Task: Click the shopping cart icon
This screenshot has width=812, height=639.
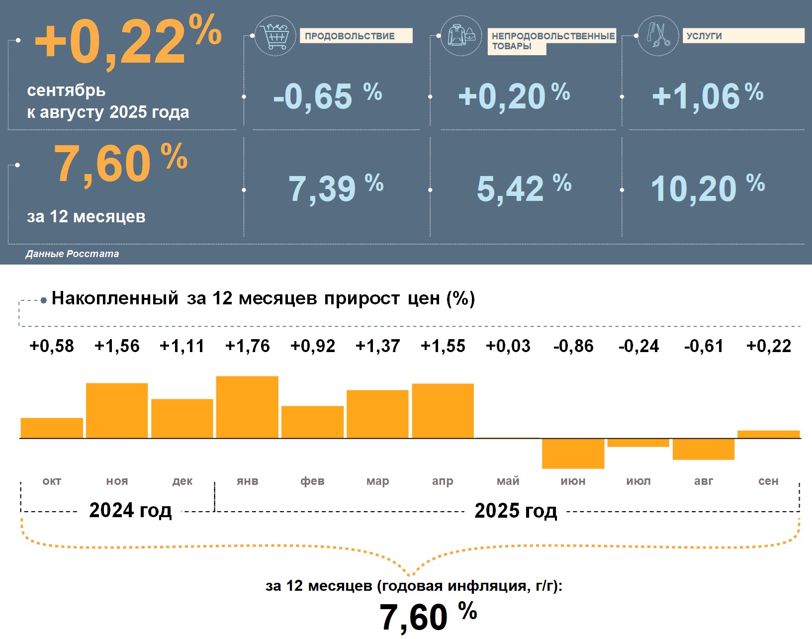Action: click(275, 36)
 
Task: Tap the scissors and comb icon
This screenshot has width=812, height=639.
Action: click(658, 35)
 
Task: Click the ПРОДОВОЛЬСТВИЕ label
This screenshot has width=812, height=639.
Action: click(356, 36)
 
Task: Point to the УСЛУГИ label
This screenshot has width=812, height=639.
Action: click(743, 36)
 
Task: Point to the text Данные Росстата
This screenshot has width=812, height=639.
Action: click(72, 254)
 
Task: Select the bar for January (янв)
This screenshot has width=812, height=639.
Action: click(247, 407)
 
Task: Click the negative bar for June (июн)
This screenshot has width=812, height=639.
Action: click(573, 454)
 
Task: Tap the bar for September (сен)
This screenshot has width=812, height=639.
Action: click(768, 434)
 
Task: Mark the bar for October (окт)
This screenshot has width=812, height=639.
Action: click(52, 428)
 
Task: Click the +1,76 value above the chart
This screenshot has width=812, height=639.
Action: click(247, 346)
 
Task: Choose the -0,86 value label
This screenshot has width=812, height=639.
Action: click(573, 346)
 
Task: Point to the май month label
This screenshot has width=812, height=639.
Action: click(508, 481)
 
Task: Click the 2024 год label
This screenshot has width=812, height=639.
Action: click(130, 510)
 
